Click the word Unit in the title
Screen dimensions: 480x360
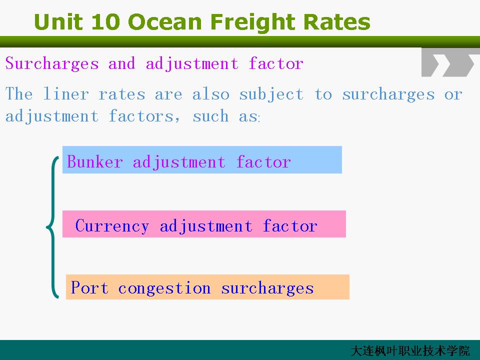[58, 21]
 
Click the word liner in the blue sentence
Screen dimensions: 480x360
[66, 93]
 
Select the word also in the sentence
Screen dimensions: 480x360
[210, 93]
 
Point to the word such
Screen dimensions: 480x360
[210, 116]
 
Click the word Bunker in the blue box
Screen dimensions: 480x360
[95, 161]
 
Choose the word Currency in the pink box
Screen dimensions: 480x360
[112, 226]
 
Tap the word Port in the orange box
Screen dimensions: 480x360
[89, 288]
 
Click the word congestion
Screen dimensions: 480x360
[164, 289]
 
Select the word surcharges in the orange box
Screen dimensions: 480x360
[267, 289]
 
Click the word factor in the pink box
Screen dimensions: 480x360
[290, 226]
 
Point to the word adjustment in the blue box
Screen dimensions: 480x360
[179, 162]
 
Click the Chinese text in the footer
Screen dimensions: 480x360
[410, 351]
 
